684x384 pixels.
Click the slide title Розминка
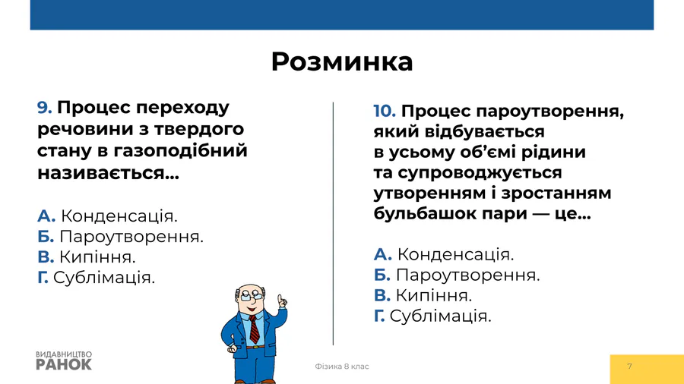342,61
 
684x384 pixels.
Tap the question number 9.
45,108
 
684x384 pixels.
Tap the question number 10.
385,112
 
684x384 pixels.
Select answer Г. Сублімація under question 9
96,277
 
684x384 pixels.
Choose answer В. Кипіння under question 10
423,296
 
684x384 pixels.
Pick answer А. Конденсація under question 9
107,216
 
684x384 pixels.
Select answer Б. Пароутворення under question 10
457,275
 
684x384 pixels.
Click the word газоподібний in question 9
181,151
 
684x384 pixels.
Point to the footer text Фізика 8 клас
342,367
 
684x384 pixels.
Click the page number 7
629,367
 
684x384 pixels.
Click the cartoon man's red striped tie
254,329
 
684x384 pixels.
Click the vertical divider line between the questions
334,224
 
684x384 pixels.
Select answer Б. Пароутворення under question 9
120,237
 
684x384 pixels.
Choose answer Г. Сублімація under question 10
432,316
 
